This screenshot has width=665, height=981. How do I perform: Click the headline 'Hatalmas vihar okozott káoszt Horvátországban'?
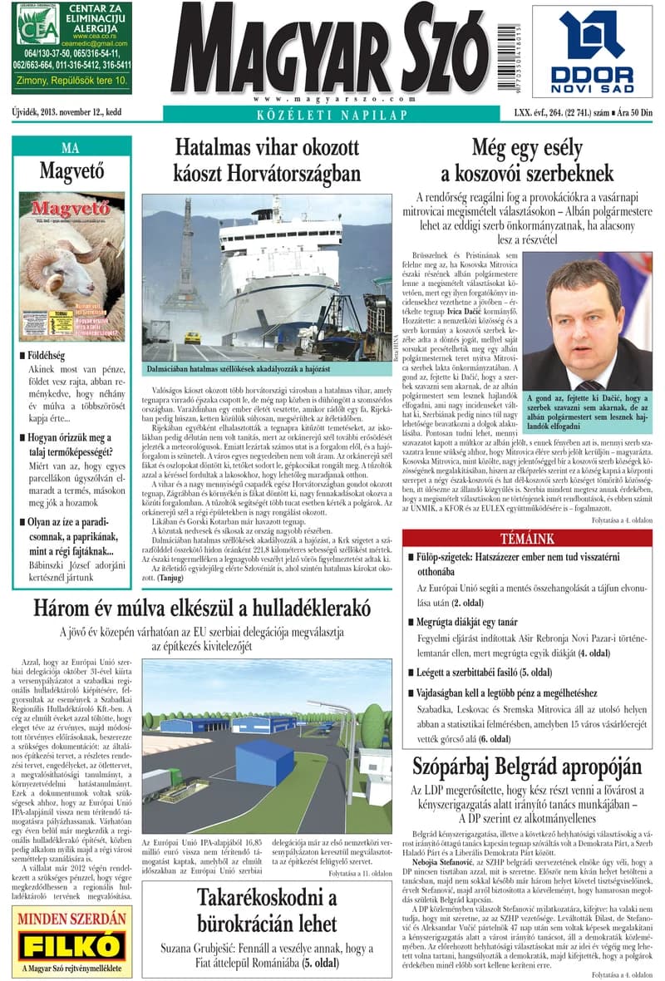[x=267, y=160]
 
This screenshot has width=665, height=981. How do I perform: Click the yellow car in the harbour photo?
[x=193, y=338]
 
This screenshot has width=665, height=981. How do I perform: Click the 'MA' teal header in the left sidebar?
[x=71, y=148]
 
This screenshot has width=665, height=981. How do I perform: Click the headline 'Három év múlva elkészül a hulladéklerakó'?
[x=202, y=608]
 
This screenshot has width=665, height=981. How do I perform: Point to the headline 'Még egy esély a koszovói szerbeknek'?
[x=528, y=160]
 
